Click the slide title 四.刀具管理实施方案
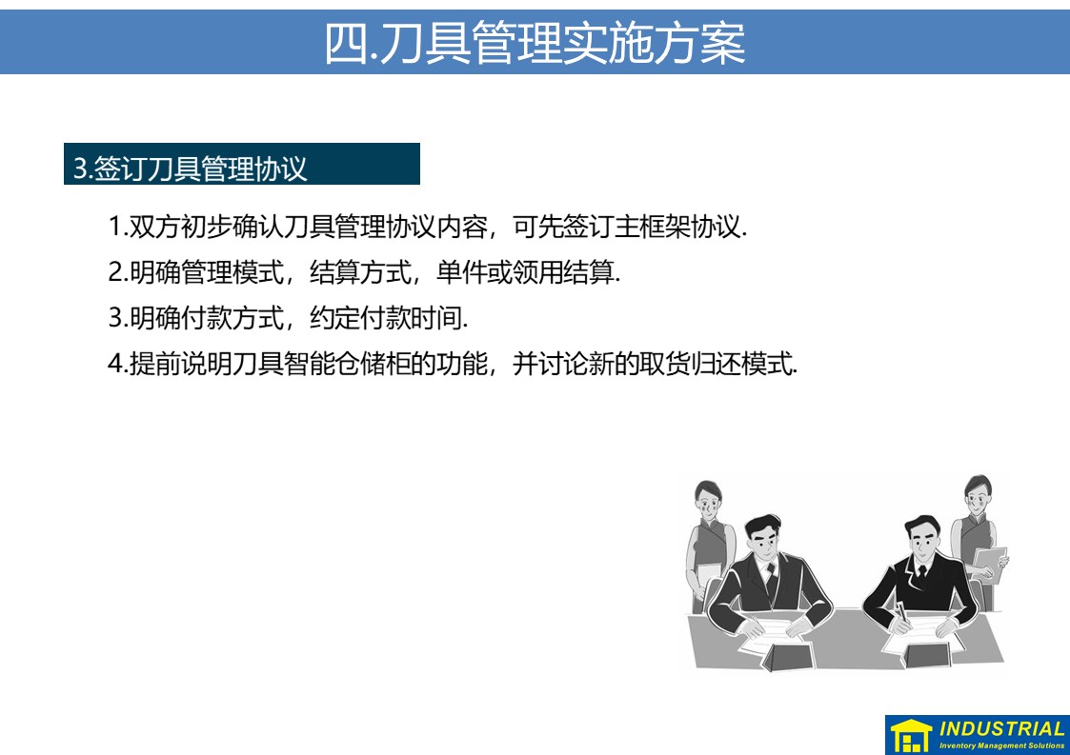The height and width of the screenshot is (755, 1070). pyautogui.click(x=535, y=42)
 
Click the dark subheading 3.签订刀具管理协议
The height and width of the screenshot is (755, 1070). pyautogui.click(x=191, y=169)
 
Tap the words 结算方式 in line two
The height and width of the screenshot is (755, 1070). pyautogui.click(x=361, y=273)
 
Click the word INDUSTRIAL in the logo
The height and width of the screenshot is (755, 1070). pyautogui.click(x=1001, y=728)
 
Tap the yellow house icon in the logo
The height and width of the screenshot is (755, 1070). pyautogui.click(x=911, y=736)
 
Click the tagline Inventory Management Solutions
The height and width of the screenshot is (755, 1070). pyautogui.click(x=1001, y=745)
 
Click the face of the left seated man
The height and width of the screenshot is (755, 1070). pyautogui.click(x=763, y=542)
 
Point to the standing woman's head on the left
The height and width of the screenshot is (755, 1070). pyautogui.click(x=707, y=501)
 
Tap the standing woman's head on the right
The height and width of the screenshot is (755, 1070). pyautogui.click(x=978, y=496)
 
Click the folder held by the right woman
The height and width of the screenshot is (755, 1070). pyautogui.click(x=990, y=565)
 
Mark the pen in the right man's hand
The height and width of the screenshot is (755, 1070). pyautogui.click(x=902, y=611)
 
